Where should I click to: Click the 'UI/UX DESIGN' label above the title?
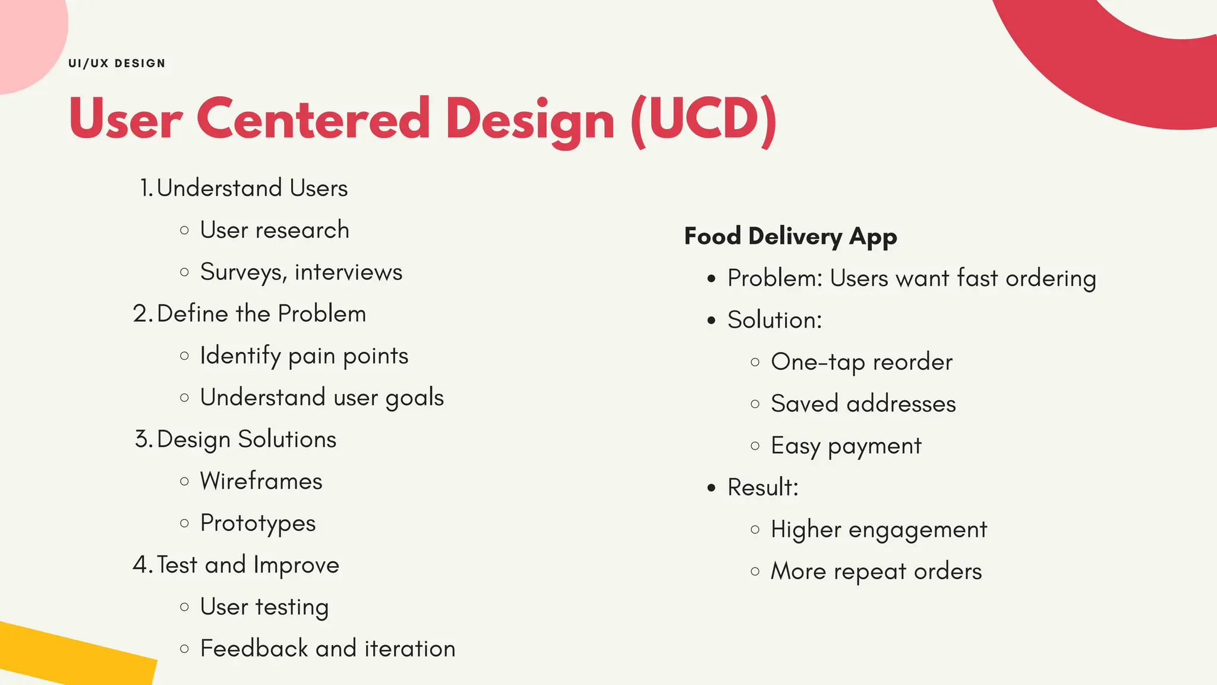tap(117, 64)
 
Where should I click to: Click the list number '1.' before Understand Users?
tap(146, 188)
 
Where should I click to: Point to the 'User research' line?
tap(275, 230)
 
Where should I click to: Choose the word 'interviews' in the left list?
tap(348, 272)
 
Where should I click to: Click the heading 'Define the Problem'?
tap(261, 314)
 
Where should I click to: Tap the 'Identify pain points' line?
tap(304, 356)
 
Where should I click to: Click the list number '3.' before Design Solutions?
tap(143, 439)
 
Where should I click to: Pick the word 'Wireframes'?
tap(261, 481)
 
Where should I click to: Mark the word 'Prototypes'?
tap(258, 523)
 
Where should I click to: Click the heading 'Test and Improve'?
tap(248, 565)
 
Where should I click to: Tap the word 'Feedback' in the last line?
tap(254, 649)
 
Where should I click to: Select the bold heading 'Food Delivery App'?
tap(790, 237)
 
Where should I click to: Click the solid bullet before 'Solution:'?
tap(712, 321)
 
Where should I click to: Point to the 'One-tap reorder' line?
tap(862, 362)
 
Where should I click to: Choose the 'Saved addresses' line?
tap(863, 404)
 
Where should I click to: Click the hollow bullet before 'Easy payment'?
tap(755, 446)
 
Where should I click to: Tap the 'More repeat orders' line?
tap(877, 571)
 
